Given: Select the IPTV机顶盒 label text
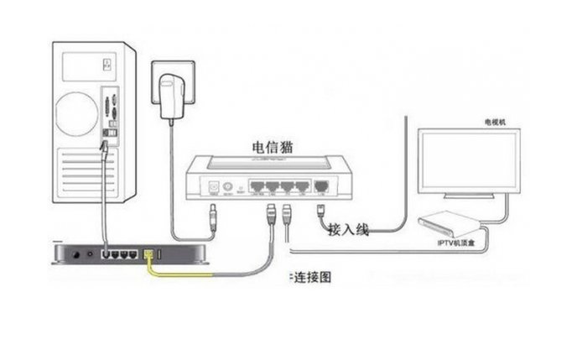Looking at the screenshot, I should [455, 242].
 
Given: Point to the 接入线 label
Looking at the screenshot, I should [348, 228].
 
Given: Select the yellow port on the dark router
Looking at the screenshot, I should [149, 252].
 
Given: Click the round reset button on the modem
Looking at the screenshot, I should [226, 186].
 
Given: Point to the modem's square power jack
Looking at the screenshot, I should [213, 186].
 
